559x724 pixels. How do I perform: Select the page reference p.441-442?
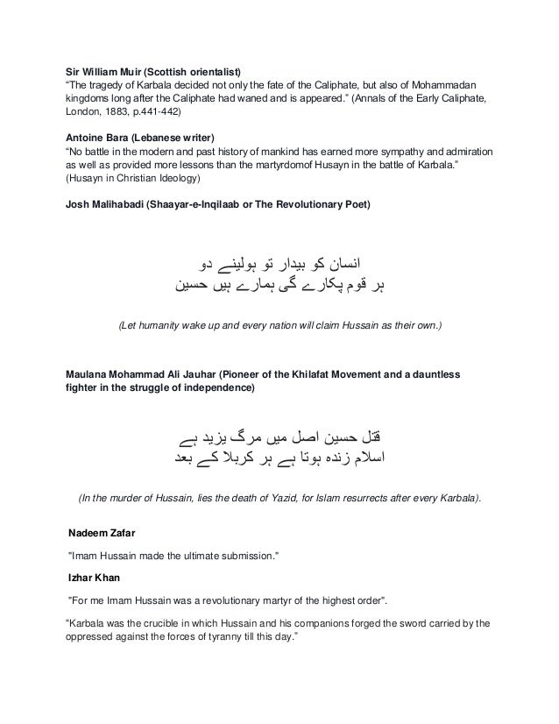coord(173,113)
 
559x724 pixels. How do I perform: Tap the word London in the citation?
coord(86,113)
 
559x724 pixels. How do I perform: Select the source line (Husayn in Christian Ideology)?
coord(133,180)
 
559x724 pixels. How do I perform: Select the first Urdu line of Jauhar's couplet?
coord(279,436)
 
